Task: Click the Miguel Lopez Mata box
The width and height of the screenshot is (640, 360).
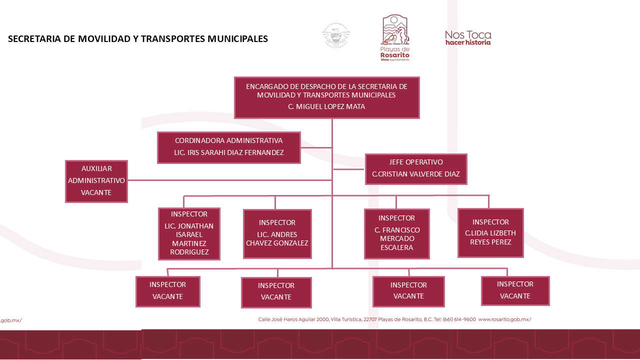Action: pyautogui.click(x=327, y=97)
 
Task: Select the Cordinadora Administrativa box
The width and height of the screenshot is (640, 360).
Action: pyautogui.click(x=229, y=147)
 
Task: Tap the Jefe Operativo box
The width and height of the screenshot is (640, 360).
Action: pyautogui.click(x=416, y=169)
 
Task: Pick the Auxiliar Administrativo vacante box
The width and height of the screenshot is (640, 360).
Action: pyautogui.click(x=96, y=181)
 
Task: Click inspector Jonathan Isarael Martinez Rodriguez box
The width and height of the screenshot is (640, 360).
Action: pyautogui.click(x=189, y=234)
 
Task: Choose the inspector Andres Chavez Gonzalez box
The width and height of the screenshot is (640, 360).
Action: pyautogui.click(x=277, y=233)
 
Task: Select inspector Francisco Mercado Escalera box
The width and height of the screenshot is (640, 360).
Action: pyautogui.click(x=396, y=233)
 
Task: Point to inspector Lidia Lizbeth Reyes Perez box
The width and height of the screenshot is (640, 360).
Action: pyautogui.click(x=490, y=233)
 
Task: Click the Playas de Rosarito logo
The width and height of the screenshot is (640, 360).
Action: pyautogui.click(x=395, y=37)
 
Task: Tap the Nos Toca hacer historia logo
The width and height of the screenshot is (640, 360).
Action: pyautogui.click(x=468, y=38)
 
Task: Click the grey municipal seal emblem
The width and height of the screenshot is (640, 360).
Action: pyautogui.click(x=335, y=36)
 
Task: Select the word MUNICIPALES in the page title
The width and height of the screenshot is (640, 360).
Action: pyautogui.click(x=238, y=39)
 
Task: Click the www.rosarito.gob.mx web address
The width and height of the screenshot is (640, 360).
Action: pyautogui.click(x=504, y=319)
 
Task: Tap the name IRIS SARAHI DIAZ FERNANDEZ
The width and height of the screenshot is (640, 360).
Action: pyautogui.click(x=229, y=152)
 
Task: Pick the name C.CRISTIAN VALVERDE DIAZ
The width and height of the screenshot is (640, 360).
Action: pyautogui.click(x=416, y=174)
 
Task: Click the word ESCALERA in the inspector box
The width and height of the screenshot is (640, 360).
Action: pyautogui.click(x=396, y=247)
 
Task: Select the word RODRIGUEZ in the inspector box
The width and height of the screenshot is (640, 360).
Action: pyautogui.click(x=189, y=252)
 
